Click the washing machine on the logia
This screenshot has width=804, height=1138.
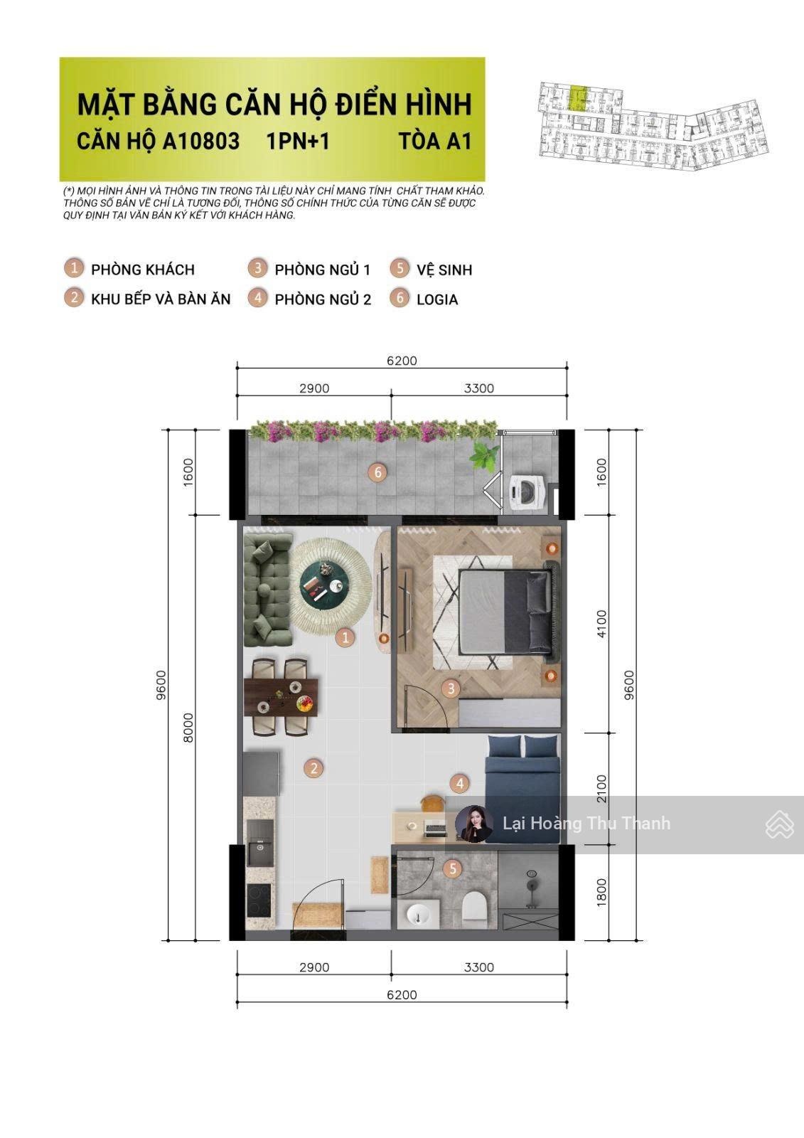(x=527, y=491)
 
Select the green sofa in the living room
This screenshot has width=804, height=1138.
(x=267, y=590)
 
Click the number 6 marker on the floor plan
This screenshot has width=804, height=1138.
(x=377, y=473)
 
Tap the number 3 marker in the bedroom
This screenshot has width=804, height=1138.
(x=451, y=689)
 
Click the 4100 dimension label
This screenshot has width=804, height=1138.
(x=602, y=624)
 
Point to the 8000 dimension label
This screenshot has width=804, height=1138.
(x=188, y=728)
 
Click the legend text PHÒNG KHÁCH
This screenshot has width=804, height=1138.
(x=143, y=270)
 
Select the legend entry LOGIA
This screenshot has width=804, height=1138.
(x=437, y=299)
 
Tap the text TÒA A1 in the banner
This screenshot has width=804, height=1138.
(x=435, y=142)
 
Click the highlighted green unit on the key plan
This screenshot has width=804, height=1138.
(x=577, y=99)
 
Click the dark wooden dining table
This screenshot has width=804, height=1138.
(x=281, y=697)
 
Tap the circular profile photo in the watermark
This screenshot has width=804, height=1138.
(x=474, y=824)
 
